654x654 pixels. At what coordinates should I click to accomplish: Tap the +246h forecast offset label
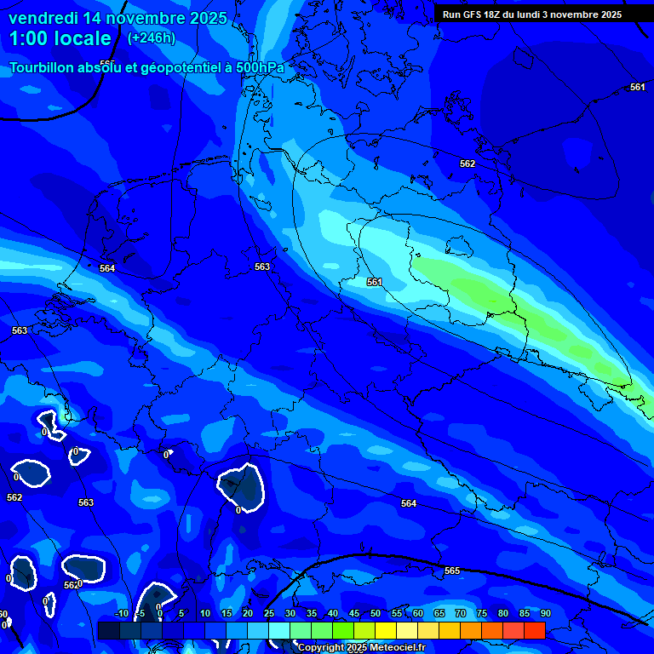[152, 38]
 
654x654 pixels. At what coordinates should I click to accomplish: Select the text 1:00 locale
[60, 39]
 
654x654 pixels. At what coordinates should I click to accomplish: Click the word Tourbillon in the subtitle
[43, 68]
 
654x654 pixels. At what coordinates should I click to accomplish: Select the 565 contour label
[452, 571]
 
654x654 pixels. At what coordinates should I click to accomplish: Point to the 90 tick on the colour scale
[545, 614]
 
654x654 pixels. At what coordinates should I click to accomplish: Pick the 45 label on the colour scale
[353, 614]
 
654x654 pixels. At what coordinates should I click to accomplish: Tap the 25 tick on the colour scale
[268, 614]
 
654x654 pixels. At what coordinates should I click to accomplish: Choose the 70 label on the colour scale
[460, 614]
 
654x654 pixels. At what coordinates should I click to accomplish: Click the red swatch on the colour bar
[534, 630]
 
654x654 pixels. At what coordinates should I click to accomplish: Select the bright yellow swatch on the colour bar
[385, 630]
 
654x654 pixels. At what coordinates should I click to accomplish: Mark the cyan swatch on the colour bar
[278, 630]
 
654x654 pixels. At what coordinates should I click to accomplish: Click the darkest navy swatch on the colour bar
[109, 630]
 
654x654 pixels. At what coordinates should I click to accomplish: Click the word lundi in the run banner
[533, 14]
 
